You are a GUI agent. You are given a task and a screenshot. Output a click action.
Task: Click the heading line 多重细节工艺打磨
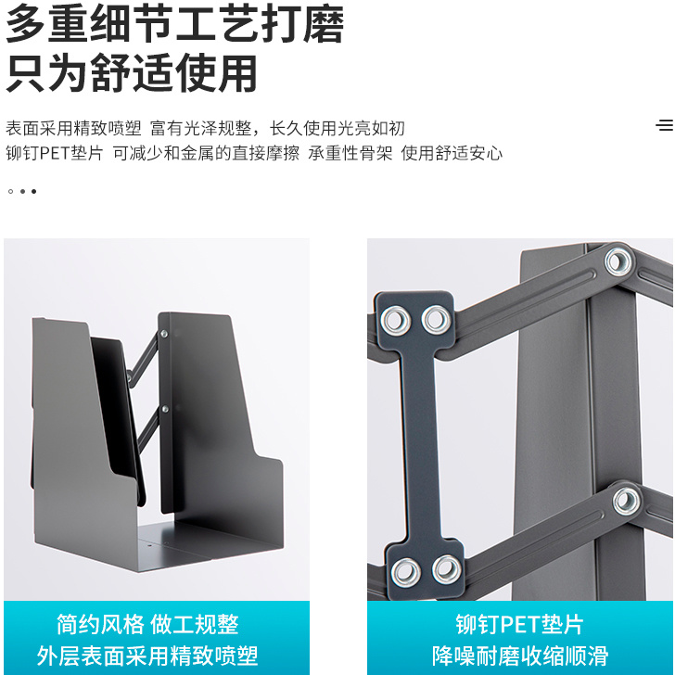[174, 24]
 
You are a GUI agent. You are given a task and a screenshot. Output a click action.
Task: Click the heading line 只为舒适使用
[132, 73]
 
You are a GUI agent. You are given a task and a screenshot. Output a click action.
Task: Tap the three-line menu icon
[665, 125]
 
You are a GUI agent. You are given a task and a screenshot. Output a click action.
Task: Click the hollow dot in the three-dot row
[11, 191]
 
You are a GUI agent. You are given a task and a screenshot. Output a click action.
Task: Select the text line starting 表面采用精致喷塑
[205, 128]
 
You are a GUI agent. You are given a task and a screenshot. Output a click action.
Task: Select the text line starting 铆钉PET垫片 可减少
[254, 153]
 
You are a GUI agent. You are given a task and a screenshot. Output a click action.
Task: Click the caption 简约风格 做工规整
[147, 624]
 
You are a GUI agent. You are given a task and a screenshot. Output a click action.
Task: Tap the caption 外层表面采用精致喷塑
[147, 656]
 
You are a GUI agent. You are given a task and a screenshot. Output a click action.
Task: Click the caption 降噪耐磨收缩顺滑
[520, 656]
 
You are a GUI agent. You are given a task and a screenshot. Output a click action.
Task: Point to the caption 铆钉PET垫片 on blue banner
[519, 624]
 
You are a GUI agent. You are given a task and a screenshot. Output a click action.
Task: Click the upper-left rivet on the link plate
[396, 321]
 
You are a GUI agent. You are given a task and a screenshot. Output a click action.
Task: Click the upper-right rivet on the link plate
[437, 320]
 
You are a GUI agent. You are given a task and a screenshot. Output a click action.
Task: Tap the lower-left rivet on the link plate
[405, 573]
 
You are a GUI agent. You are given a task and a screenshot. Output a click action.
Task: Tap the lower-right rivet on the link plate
[447, 570]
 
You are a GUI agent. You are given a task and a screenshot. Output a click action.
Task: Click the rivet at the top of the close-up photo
[618, 261]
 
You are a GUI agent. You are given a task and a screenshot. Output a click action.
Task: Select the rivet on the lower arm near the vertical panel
[627, 501]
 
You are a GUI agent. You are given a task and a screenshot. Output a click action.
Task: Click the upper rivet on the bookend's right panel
[164, 333]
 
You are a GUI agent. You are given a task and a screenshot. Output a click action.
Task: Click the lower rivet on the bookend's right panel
[165, 409]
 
